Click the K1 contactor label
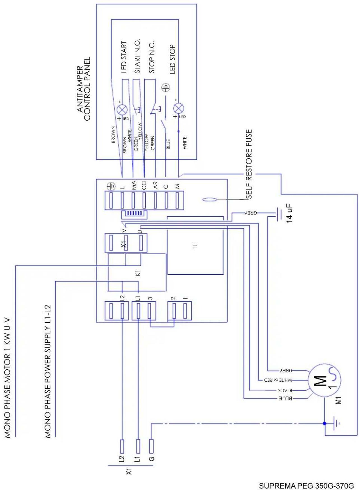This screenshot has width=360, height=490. (x=138, y=273)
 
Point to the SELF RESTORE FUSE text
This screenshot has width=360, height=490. (x=249, y=164)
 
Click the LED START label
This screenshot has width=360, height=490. (x=124, y=57)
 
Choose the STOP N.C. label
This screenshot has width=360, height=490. (x=152, y=57)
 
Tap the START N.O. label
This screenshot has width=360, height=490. (x=137, y=56)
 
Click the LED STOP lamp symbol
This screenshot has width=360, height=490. (x=178, y=108)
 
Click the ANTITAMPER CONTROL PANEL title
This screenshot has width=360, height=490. (x=83, y=89)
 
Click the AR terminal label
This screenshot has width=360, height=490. (x=155, y=185)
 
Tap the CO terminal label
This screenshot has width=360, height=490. (x=144, y=185)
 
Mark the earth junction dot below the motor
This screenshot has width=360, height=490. (x=325, y=423)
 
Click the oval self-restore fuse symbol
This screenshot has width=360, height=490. (x=209, y=200)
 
